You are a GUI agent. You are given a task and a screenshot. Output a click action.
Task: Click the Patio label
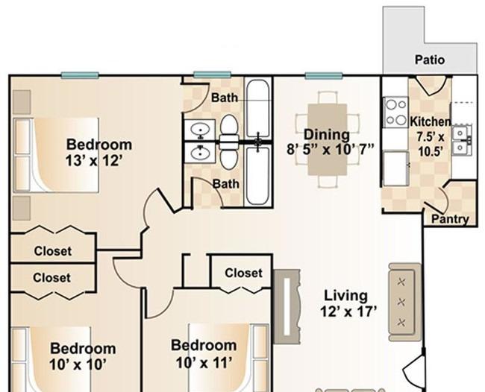tap(430, 60)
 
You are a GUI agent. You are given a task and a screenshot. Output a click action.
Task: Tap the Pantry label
tap(450, 219)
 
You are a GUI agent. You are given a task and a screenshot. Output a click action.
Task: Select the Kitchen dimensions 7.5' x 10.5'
tap(431, 144)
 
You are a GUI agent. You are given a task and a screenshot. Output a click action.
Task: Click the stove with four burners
tap(396, 112)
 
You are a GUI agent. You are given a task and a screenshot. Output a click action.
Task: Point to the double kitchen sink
tap(462, 140)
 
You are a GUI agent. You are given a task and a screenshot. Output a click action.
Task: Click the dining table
tap(328, 139)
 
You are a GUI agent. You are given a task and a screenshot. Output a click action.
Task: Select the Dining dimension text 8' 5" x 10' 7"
tap(331, 150)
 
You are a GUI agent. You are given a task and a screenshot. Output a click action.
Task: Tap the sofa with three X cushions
tap(405, 302)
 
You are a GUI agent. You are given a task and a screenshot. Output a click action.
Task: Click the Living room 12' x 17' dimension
tap(348, 312)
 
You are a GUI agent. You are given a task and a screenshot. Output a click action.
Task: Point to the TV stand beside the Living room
tap(287, 306)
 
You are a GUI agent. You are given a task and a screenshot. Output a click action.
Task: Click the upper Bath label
tap(225, 98)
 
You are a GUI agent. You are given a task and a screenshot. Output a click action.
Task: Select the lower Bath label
tap(226, 184)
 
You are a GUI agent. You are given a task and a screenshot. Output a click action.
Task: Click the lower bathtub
tap(257, 175)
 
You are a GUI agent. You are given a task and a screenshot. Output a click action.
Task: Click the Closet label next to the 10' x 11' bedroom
tap(244, 273)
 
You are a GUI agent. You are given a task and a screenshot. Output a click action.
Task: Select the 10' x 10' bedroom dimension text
tap(78, 365)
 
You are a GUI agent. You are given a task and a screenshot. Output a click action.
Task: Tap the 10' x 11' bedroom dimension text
tap(204, 363)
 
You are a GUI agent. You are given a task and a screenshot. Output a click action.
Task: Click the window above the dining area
tap(324, 75)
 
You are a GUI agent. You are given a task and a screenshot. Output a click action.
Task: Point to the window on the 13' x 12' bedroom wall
tap(80, 75)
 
